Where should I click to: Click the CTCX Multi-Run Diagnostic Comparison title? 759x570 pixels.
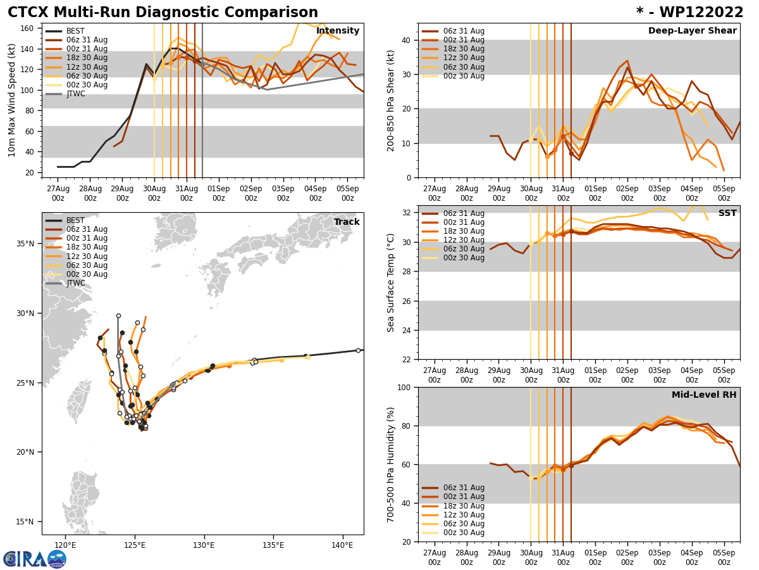point(163,13)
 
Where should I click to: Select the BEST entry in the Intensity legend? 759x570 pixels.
point(75,31)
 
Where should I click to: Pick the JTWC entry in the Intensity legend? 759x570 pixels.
point(76,94)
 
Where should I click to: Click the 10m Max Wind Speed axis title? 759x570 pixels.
point(12,100)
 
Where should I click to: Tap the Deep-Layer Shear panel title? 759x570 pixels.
point(692,31)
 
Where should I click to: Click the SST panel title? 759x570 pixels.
point(727,213)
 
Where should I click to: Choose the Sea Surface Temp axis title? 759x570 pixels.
point(391,282)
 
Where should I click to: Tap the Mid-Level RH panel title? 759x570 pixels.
point(704,395)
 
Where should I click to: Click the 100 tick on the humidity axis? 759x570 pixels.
point(404,387)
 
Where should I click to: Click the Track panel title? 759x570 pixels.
point(347,222)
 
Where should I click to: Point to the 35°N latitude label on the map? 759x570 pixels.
point(25,244)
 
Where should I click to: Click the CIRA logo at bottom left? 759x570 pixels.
point(34,559)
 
